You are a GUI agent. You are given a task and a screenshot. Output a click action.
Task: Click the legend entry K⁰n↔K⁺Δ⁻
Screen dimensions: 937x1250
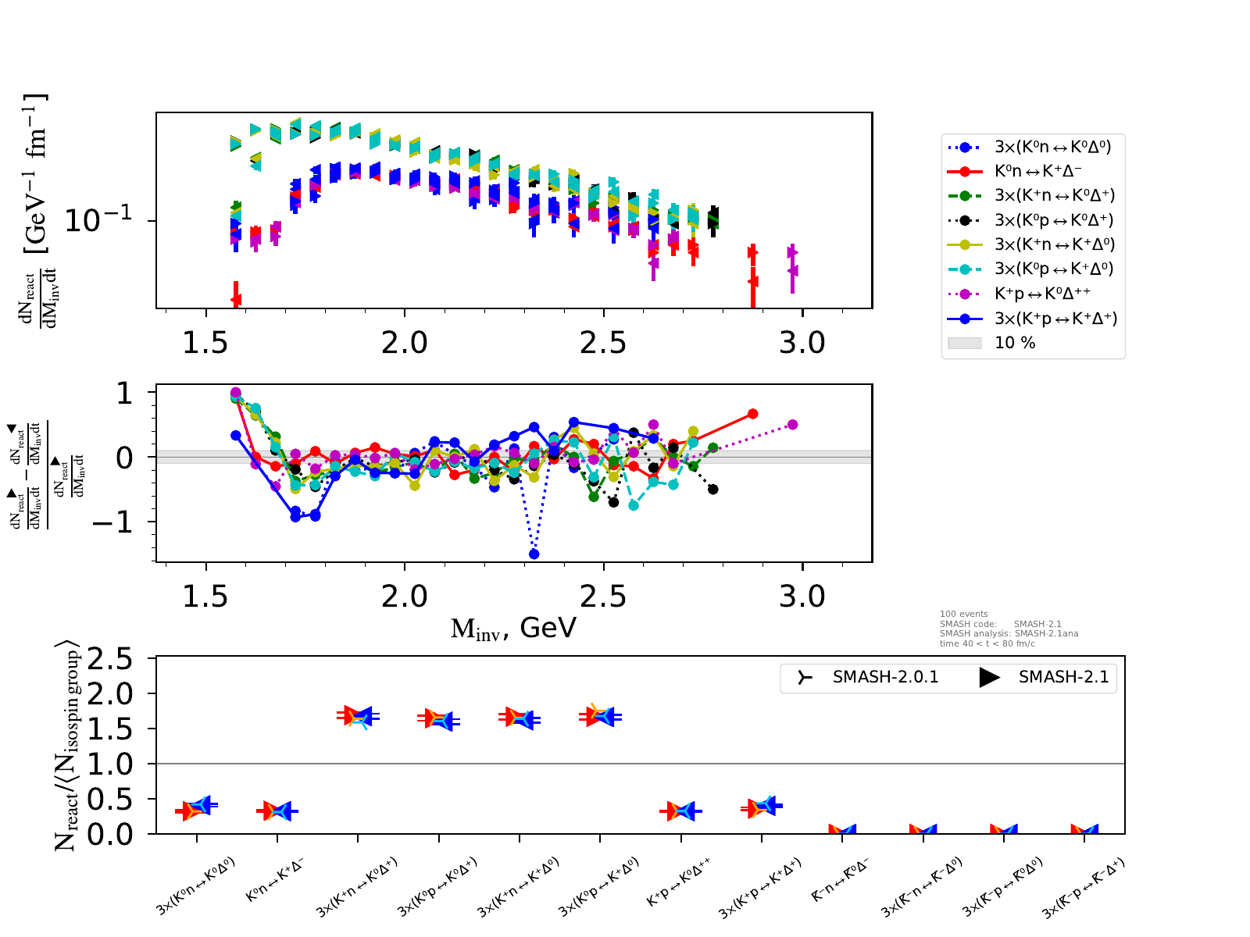pyautogui.click(x=1037, y=171)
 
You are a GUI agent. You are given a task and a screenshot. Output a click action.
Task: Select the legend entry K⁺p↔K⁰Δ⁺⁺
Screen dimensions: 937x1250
pyautogui.click(x=1042, y=294)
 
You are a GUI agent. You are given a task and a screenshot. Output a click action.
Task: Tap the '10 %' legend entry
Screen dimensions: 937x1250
pyautogui.click(x=1015, y=343)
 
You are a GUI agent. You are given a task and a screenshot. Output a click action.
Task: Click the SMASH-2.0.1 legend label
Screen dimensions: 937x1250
pyautogui.click(x=885, y=677)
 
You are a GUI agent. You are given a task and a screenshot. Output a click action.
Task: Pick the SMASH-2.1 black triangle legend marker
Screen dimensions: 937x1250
pyautogui.click(x=990, y=677)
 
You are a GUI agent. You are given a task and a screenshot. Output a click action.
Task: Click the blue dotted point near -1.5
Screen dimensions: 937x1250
pyautogui.click(x=534, y=554)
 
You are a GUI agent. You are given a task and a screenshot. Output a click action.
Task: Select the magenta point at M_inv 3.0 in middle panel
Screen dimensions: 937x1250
pyautogui.click(x=792, y=425)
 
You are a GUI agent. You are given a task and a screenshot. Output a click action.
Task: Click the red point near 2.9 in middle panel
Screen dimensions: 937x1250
pyautogui.click(x=752, y=414)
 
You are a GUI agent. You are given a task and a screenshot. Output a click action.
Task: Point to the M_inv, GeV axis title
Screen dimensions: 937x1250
pyautogui.click(x=513, y=628)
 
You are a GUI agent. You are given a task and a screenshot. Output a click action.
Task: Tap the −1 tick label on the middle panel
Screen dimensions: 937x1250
pyautogui.click(x=113, y=522)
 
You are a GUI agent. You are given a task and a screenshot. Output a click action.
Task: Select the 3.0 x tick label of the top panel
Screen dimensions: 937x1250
pyautogui.click(x=802, y=342)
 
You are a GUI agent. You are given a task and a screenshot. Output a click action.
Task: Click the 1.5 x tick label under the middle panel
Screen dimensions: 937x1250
pyautogui.click(x=205, y=597)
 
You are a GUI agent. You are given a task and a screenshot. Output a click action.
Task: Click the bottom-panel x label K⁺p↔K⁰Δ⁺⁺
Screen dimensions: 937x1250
pyautogui.click(x=677, y=883)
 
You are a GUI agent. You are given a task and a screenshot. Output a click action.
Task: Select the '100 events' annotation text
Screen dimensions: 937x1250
pyautogui.click(x=963, y=614)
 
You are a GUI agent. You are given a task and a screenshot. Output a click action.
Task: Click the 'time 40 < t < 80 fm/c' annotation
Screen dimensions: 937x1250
pyautogui.click(x=987, y=643)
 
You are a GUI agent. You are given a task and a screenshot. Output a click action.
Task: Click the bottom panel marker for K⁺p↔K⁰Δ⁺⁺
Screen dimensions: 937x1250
pyautogui.click(x=680, y=811)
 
